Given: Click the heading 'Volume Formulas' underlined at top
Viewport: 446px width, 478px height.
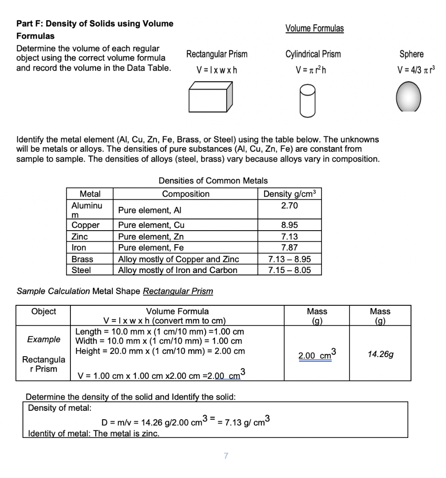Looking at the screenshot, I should (x=314, y=28).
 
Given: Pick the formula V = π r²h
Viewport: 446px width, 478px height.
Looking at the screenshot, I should (x=313, y=70).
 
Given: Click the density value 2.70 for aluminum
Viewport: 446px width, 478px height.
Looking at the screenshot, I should (x=290, y=206).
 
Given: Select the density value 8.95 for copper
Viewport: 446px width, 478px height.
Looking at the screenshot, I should (x=290, y=225).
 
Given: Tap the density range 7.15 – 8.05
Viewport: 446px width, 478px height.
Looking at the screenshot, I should (x=290, y=270).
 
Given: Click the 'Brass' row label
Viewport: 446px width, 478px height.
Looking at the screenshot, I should (x=82, y=259).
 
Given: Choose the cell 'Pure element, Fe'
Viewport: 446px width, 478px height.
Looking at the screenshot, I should (x=151, y=247).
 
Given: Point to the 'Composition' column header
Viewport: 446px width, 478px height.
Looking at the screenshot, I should (x=186, y=194).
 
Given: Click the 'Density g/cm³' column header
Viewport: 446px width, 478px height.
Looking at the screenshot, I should (x=290, y=194).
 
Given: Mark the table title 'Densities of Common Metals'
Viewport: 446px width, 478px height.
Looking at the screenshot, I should (x=213, y=181).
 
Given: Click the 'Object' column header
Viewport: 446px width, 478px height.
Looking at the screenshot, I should (x=43, y=311).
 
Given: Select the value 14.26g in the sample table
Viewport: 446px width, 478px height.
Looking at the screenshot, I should (x=380, y=354).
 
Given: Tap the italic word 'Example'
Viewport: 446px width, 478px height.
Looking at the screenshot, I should (x=43, y=339).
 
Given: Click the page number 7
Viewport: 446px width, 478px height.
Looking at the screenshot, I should (x=226, y=456).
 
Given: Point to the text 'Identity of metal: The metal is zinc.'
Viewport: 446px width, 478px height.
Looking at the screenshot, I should (x=94, y=434).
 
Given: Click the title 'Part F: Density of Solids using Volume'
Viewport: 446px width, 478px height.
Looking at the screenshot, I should (x=95, y=23).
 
